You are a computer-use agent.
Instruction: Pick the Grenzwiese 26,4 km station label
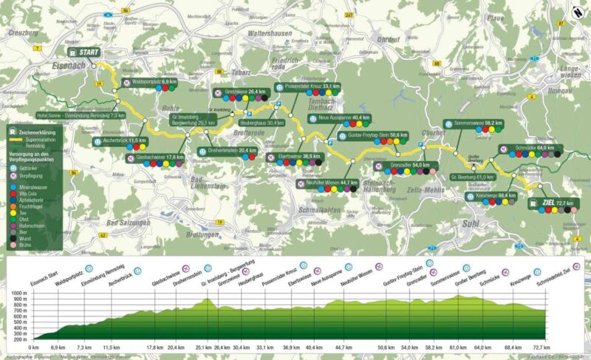point(247,92)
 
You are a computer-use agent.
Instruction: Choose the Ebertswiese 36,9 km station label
point(297,157)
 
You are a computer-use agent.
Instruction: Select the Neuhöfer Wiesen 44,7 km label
point(330,181)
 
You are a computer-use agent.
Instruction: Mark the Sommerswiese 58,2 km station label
point(473,123)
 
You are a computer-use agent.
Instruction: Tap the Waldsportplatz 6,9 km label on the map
point(154,80)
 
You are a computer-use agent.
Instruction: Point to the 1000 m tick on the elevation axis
point(22,294)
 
